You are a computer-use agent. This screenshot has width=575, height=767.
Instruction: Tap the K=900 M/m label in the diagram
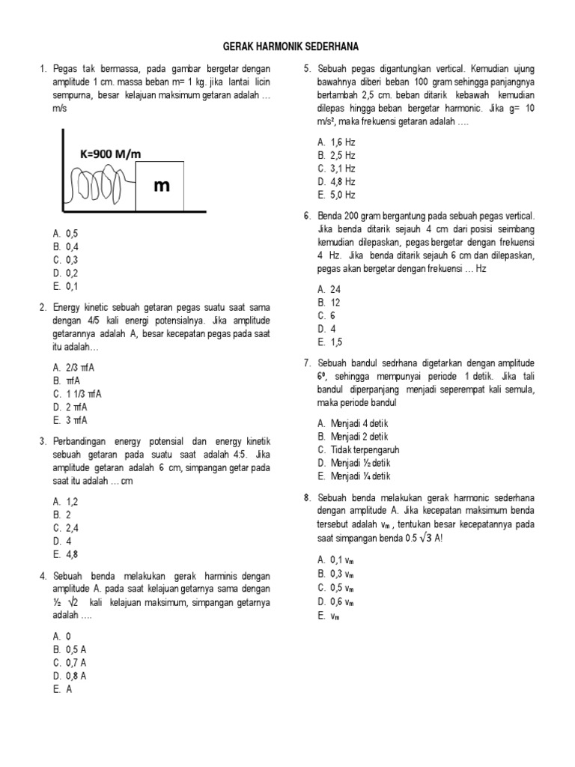coord(110,154)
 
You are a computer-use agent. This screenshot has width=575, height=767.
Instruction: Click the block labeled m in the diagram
coord(160,186)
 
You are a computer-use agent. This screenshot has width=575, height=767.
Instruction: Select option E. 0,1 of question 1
coord(66,286)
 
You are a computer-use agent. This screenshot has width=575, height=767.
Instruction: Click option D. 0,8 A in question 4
coord(70,676)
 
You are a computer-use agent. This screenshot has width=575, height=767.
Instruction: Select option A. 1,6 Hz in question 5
coord(335,142)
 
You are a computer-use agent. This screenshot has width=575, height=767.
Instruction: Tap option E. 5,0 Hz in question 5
coord(335,195)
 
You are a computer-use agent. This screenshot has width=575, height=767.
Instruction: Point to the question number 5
coord(307,69)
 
